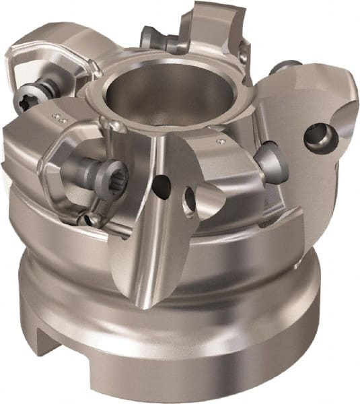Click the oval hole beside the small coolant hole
[x=190, y=200]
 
